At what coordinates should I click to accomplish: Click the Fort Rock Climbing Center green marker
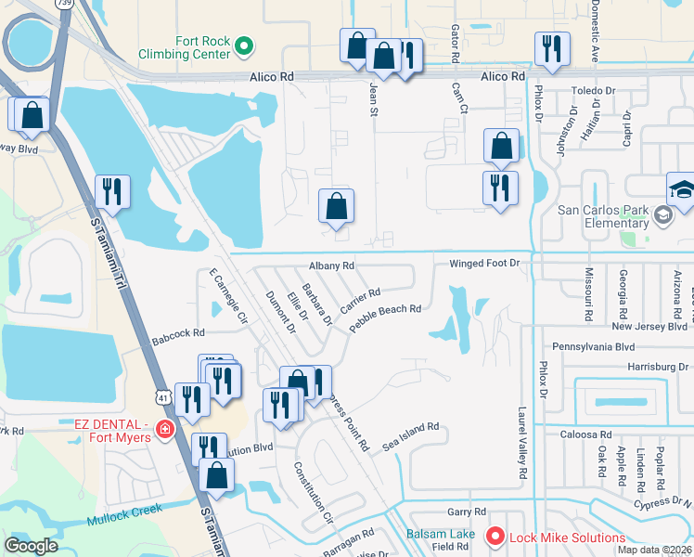click(244, 44)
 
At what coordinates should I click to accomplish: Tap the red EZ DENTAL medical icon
click(164, 429)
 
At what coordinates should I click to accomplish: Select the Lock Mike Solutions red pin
click(495, 537)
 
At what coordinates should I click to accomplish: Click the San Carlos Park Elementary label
click(602, 215)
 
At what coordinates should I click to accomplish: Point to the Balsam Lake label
click(440, 534)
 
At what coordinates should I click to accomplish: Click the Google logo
click(31, 546)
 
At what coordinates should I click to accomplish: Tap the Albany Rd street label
click(332, 266)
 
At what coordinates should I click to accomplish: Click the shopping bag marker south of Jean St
click(336, 206)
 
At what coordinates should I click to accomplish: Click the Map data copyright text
click(655, 550)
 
